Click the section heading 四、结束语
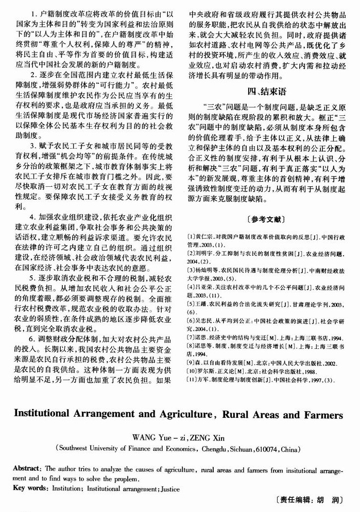(x=266, y=92)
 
